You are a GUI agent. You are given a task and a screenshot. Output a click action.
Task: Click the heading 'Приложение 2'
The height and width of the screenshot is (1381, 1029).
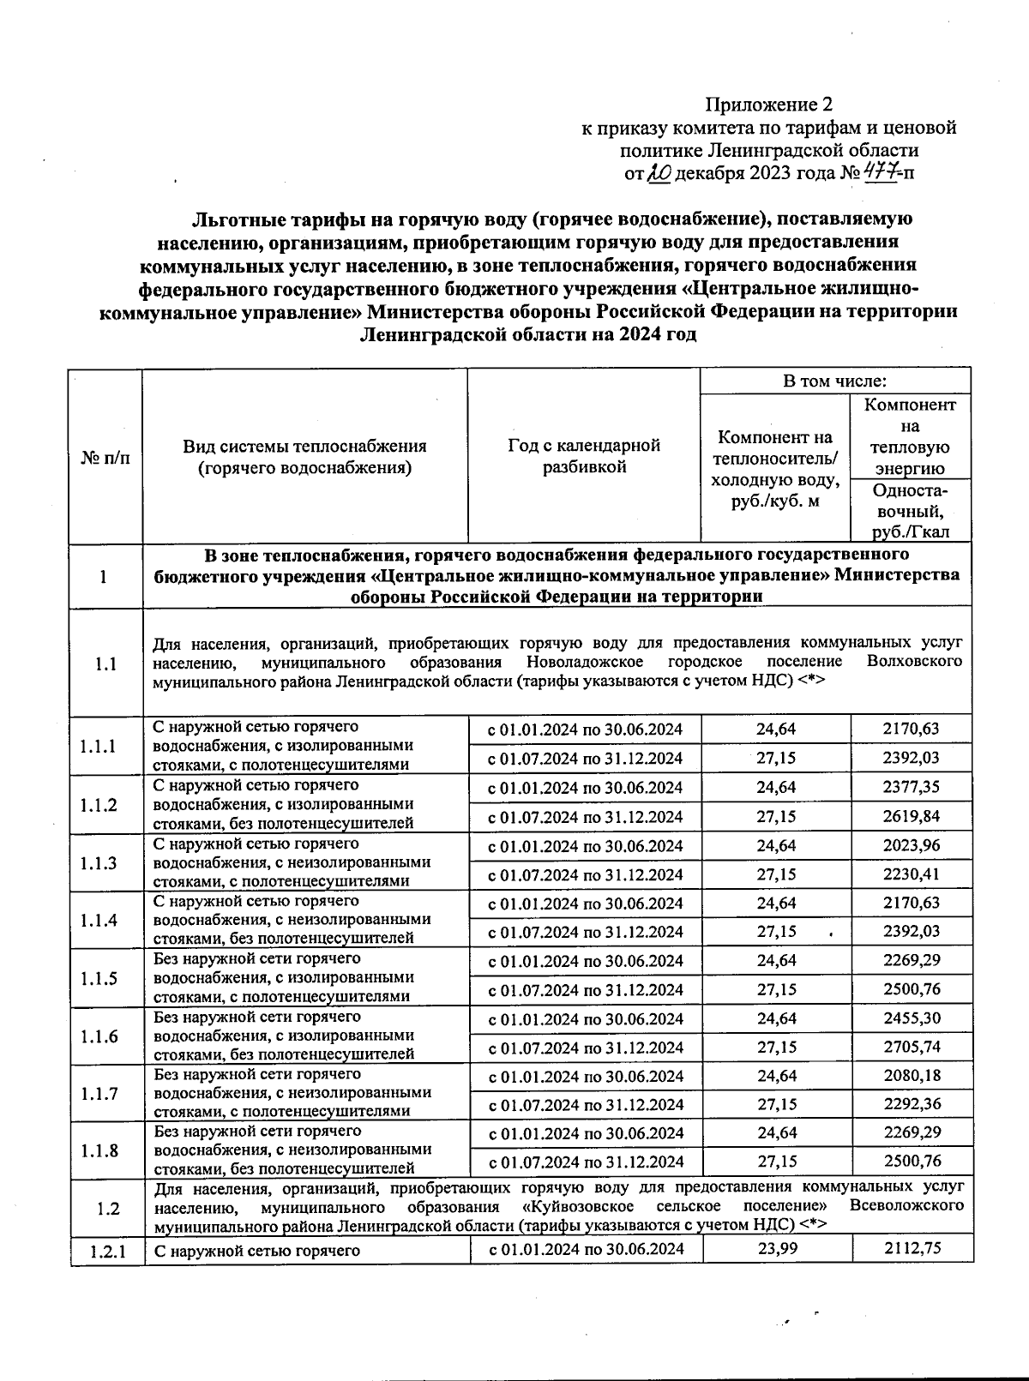pyautogui.click(x=768, y=105)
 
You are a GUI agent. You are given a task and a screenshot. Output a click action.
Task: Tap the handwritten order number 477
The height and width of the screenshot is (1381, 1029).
pyautogui.click(x=877, y=173)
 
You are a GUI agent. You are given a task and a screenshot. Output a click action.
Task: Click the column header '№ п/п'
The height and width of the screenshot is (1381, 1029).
pyautogui.click(x=106, y=457)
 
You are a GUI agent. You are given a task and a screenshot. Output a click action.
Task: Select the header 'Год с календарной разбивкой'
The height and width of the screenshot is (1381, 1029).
pyautogui.click(x=583, y=456)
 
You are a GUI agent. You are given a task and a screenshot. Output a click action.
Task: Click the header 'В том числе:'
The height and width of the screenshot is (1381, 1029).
pyautogui.click(x=834, y=381)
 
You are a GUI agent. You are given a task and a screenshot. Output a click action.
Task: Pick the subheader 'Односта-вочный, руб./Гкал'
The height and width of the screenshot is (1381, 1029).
pyautogui.click(x=910, y=511)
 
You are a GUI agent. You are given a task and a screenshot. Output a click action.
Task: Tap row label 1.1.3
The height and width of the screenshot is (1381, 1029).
pyautogui.click(x=99, y=862)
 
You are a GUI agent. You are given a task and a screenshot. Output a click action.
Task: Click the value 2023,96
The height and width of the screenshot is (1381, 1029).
pyautogui.click(x=911, y=845)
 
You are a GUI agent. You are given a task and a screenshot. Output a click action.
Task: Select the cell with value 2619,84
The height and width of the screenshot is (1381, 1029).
pyautogui.click(x=911, y=816)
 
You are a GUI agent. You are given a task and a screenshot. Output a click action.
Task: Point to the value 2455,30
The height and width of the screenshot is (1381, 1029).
pyautogui.click(x=911, y=1018)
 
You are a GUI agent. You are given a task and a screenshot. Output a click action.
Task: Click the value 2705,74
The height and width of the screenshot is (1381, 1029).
pyautogui.click(x=911, y=1047)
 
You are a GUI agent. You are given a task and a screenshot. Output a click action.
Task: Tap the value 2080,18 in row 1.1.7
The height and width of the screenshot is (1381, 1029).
pyautogui.click(x=911, y=1076)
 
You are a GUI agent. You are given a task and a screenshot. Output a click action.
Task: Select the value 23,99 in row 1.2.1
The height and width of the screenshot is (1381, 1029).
pyautogui.click(x=777, y=1248)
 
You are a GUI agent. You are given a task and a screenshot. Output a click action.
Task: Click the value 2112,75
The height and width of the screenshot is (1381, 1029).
pyautogui.click(x=911, y=1248)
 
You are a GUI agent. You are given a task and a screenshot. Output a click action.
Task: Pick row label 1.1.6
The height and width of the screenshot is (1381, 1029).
pyautogui.click(x=99, y=1036)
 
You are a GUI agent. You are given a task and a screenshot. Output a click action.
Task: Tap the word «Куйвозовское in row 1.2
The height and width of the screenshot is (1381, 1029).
pyautogui.click(x=570, y=1206)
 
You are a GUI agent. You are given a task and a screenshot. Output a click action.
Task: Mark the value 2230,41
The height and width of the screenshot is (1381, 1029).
pyautogui.click(x=911, y=874)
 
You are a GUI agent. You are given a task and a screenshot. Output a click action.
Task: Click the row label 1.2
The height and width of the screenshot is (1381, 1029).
pyautogui.click(x=107, y=1209)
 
